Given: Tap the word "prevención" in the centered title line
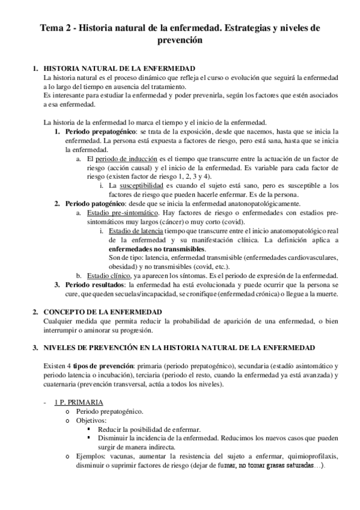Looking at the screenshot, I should tap(180, 41).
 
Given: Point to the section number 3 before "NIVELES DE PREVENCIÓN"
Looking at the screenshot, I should tap(35, 348).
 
